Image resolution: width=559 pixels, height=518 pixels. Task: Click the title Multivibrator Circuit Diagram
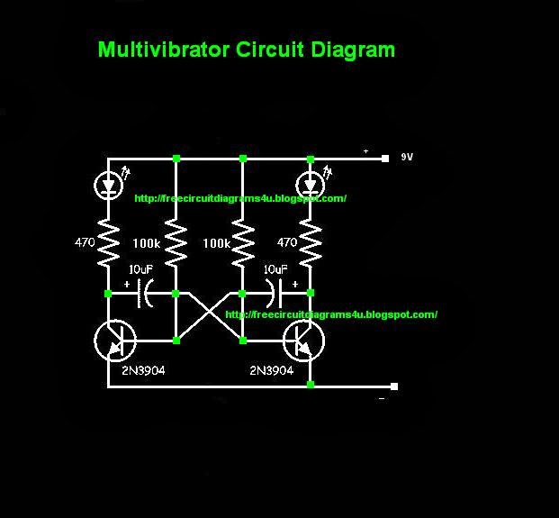pos(246,50)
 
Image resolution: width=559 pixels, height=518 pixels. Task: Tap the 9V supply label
pos(408,157)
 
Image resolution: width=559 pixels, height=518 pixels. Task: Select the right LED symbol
pos(311,185)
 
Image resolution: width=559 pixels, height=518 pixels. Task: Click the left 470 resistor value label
pos(85,242)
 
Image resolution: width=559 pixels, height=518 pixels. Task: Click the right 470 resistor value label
pos(287,242)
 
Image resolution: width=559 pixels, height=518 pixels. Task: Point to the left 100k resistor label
pos(146,244)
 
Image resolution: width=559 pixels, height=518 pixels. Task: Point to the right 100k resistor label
pos(216,244)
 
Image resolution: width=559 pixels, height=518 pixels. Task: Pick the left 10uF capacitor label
pos(141,269)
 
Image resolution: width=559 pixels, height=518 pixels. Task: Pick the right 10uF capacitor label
pos(275,269)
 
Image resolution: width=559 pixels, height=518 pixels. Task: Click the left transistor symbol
pos(114,341)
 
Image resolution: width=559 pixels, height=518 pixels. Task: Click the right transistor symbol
pos(304,341)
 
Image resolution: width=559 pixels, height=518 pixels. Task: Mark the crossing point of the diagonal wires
pos(210,317)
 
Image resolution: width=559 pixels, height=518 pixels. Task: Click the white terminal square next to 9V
pos(383,158)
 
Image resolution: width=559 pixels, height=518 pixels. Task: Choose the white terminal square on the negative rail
pos(394,386)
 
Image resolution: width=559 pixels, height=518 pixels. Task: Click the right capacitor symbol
pos(274,294)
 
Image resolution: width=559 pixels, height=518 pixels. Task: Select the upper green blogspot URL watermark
pos(239,198)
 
